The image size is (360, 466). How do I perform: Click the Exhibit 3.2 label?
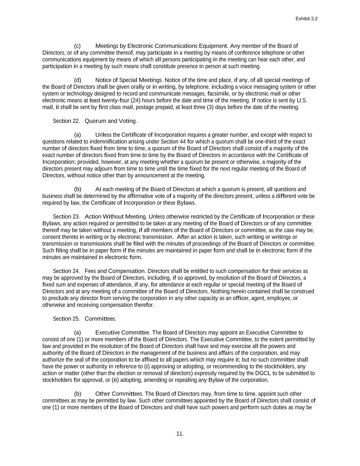point(306,19)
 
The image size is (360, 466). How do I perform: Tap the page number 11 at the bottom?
point(180,434)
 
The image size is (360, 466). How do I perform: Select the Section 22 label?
point(66,121)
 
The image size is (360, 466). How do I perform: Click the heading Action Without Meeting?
point(116,217)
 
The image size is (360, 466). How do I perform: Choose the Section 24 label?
point(66,271)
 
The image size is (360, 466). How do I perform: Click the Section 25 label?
point(66,319)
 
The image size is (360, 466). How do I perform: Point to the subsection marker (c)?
point(77,46)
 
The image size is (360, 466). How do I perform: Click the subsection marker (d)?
point(77,80)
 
